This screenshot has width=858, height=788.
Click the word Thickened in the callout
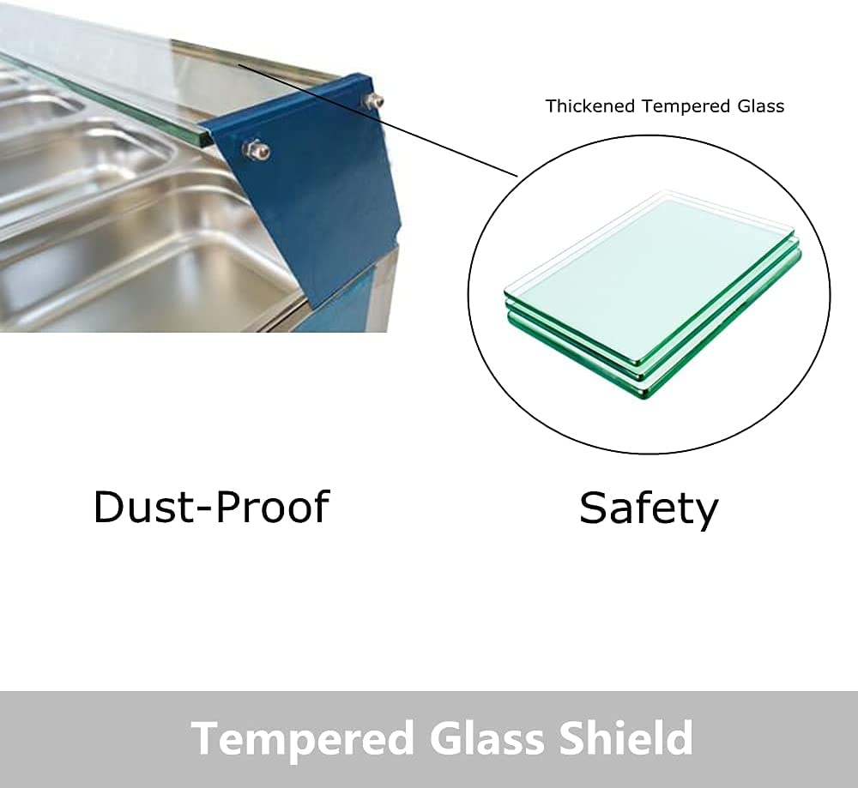pos(590,105)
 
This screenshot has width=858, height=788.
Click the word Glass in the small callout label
pos(760,105)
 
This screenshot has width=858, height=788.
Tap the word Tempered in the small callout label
pos(686,106)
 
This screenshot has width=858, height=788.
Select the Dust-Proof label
pos(212,507)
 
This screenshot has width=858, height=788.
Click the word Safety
pos(649,509)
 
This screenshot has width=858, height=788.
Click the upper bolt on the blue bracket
pos(374,100)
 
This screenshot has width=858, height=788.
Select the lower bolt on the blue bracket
pos(256,148)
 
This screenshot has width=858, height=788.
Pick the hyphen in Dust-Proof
pos(203,509)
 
